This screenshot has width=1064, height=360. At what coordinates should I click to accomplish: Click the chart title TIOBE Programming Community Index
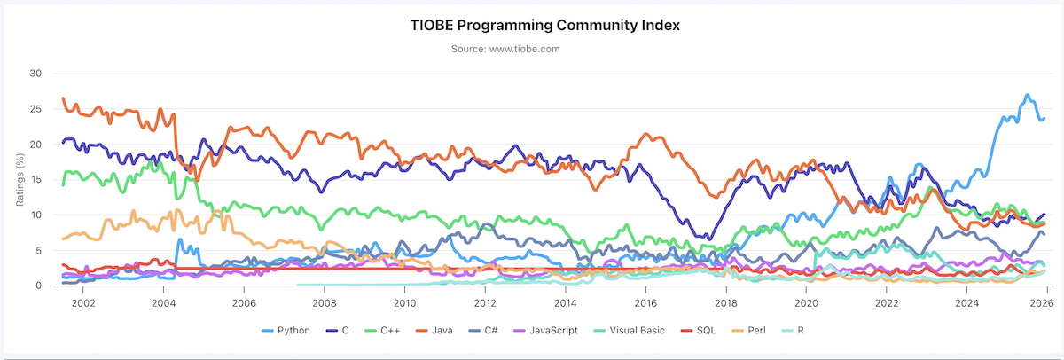tap(544, 25)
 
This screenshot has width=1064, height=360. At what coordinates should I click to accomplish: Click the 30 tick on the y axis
tap(35, 73)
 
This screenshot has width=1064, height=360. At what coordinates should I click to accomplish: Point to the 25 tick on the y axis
tap(35, 108)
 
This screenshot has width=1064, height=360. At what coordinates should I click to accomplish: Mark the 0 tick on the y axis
tap(39, 286)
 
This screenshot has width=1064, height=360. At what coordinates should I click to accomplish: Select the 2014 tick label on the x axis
tap(565, 301)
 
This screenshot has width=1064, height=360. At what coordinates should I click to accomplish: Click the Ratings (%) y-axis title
tap(19, 178)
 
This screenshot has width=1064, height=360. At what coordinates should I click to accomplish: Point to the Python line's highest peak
tap(1027, 95)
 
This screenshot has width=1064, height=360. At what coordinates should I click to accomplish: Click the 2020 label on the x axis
tap(806, 301)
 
